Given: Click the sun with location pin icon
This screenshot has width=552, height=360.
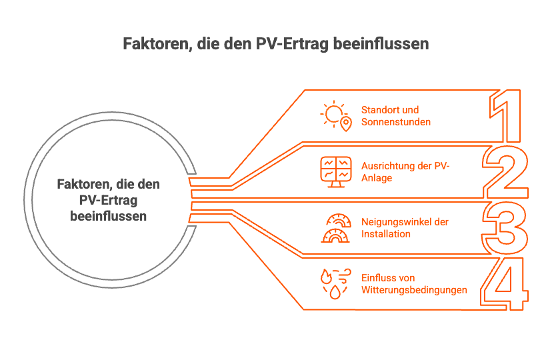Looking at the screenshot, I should pos(335,116).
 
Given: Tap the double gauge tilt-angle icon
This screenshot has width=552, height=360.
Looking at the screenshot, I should pos(335,228).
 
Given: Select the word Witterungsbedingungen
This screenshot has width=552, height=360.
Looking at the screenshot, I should pos(414,290).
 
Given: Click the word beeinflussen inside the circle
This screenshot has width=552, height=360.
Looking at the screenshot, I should pos(109,217).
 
